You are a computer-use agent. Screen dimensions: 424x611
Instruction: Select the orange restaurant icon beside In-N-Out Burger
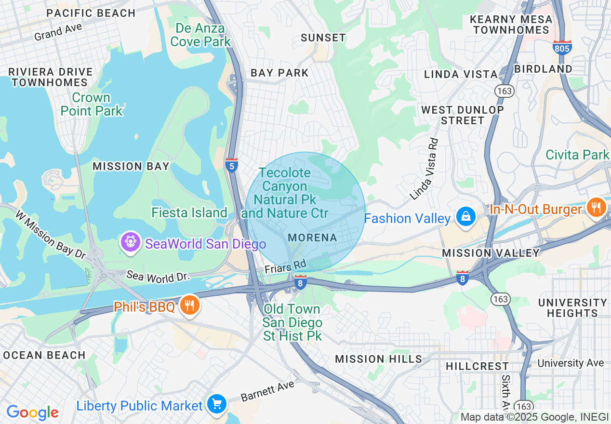pos(597,208)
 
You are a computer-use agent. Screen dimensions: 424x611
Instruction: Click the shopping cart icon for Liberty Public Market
pos(217,404)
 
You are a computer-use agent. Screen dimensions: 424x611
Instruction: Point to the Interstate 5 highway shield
pos(231,165)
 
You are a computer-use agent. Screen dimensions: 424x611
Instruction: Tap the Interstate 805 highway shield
pos(562,47)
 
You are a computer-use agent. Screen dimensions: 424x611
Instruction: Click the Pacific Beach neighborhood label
pos(91,13)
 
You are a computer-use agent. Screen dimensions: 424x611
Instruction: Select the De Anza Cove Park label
pos(200,35)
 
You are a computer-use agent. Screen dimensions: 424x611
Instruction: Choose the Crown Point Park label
pos(92,104)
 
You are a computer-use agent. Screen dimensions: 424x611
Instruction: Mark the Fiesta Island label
pos(189,212)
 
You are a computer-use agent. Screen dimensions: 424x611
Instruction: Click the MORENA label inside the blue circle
pos(312,238)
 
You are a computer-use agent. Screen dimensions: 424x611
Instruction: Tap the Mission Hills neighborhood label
pos(378,359)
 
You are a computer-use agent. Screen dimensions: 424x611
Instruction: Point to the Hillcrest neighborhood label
pos(477,366)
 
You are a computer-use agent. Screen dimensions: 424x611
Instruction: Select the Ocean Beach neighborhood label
pos(44,356)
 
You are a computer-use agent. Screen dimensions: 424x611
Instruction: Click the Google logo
pos(32,412)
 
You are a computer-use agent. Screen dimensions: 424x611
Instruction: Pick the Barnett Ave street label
pos(267,391)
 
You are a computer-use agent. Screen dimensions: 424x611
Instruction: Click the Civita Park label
pos(577,155)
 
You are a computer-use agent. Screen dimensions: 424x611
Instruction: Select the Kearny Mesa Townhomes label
pos(511,25)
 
